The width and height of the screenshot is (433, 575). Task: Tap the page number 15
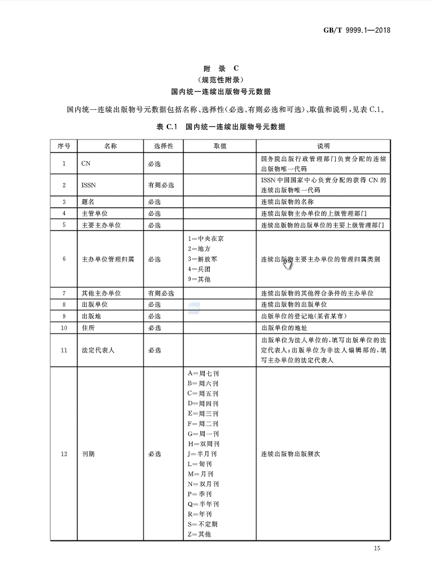[377, 549]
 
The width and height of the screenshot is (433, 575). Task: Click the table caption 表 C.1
[166, 127]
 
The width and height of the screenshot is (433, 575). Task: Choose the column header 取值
[220, 146]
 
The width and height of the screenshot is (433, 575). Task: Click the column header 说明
[324, 146]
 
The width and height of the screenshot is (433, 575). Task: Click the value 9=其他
[200, 279]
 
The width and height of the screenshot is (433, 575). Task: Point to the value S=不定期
[203, 524]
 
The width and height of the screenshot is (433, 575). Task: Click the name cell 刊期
[88, 454]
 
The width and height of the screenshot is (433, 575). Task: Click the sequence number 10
[64, 328]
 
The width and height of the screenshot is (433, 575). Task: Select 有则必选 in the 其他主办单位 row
[161, 293]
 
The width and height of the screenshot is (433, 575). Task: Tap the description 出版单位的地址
[286, 328]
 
